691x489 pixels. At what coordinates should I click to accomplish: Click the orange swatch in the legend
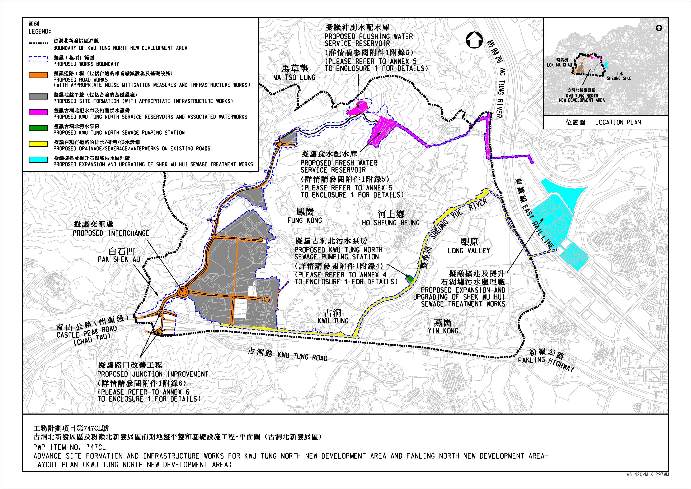point(38,75)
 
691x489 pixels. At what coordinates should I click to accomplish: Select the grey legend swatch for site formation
point(38,96)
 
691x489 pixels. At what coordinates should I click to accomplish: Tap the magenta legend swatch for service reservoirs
point(38,112)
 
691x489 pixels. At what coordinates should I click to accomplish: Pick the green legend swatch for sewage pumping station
point(38,128)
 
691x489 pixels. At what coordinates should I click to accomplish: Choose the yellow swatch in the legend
point(38,144)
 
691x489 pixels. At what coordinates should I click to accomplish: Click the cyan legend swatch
point(38,160)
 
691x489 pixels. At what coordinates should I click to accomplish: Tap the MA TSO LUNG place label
point(294,77)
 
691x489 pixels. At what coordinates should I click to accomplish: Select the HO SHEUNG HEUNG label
point(391,223)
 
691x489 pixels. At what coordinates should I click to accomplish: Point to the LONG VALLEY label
point(469,251)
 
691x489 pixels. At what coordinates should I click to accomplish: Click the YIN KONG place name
point(443,331)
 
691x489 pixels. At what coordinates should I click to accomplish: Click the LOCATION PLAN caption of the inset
point(618,122)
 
